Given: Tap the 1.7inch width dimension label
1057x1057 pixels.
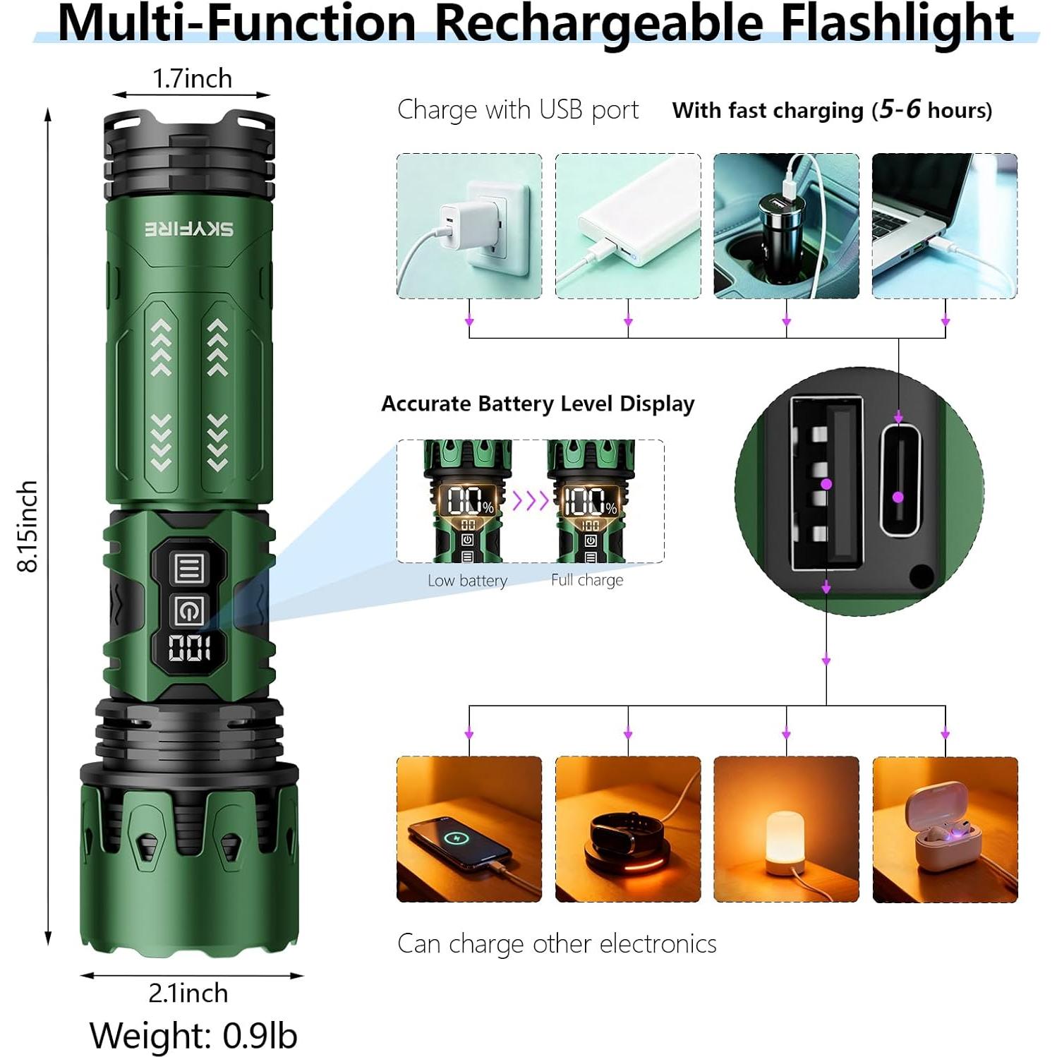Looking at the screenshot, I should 192,78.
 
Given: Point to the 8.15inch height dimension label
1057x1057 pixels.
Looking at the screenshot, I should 28,526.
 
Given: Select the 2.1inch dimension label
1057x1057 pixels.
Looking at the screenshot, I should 188,993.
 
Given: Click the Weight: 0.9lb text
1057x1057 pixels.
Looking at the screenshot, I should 193,1035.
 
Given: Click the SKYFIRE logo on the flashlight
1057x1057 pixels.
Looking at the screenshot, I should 189,229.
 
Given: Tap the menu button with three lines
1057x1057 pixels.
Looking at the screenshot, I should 188,568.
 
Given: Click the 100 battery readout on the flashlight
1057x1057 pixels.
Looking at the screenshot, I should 188,648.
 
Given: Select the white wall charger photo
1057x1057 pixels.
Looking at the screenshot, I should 469,226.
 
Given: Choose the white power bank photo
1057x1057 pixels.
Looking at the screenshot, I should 628,226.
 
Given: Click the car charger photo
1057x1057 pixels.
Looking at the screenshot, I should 786,226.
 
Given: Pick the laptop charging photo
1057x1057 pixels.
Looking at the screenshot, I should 945,226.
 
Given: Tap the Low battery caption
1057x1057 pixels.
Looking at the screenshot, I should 467,581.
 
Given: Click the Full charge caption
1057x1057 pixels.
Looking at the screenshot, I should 587,580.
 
